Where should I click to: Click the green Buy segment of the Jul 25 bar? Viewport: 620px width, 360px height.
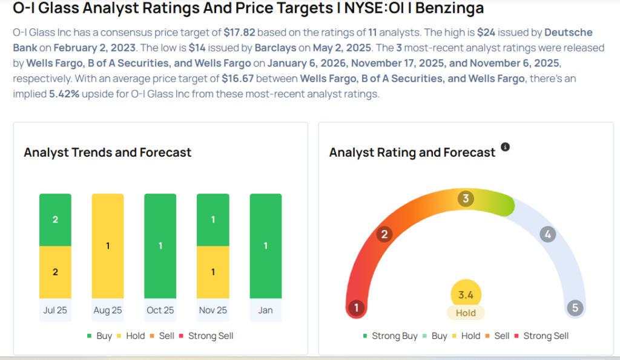(55, 220)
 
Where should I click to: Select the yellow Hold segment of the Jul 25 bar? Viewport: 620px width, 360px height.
(55, 272)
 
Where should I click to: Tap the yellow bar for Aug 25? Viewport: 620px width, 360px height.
(108, 246)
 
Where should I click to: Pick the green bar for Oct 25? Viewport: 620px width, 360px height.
(160, 246)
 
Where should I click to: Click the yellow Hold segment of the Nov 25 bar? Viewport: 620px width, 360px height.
(213, 272)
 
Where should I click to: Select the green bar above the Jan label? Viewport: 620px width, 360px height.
(265, 246)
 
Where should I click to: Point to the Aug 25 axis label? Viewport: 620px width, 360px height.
(108, 310)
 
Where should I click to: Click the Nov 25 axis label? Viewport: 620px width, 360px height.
(213, 310)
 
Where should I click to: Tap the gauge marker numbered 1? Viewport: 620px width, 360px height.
(357, 308)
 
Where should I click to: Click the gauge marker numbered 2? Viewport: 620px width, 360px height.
(383, 234)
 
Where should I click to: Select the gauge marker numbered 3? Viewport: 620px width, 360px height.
(465, 198)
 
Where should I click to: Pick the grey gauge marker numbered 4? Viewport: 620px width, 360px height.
(547, 234)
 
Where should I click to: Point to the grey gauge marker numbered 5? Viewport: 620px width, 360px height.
(575, 308)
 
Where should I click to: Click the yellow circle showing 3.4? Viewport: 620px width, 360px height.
(466, 295)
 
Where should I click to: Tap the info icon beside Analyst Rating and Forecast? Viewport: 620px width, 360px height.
(505, 147)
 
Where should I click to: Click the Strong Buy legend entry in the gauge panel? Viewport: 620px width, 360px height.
(390, 336)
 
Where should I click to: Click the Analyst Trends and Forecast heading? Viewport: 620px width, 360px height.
(107, 152)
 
